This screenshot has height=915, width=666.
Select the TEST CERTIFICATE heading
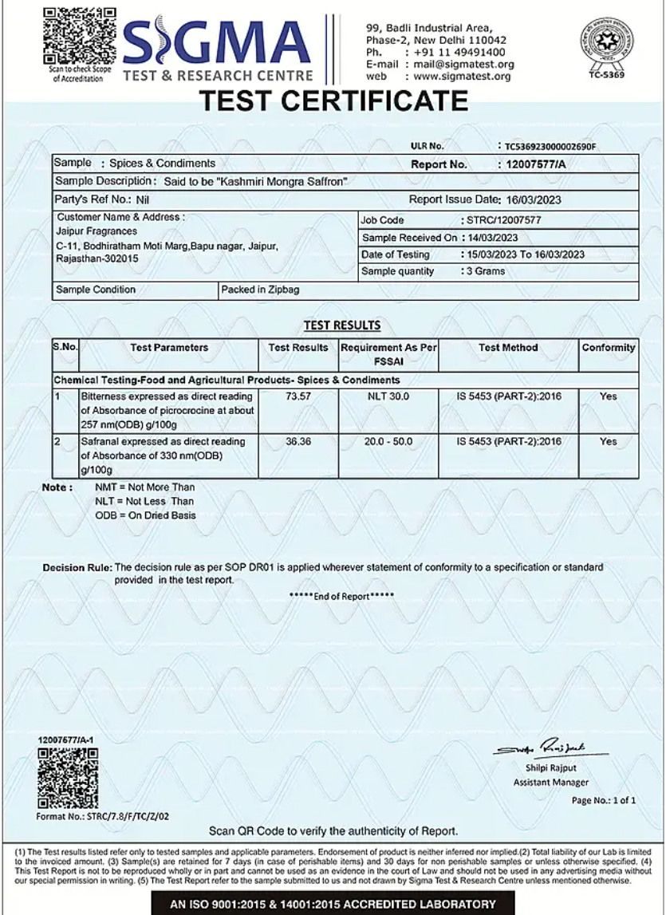coord(333,101)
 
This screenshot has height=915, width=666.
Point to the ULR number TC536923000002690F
coord(550,146)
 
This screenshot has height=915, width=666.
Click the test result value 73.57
coord(298,396)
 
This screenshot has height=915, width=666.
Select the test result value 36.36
coord(298,441)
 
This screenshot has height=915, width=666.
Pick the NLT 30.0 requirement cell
coord(388,396)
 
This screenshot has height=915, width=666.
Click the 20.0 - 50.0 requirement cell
coord(388,441)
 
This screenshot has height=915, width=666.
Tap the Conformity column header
coord(608,348)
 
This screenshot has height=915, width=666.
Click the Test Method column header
coord(508,348)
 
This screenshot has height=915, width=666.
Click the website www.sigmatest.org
coord(462,77)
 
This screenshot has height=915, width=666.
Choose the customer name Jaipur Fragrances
coord(97,231)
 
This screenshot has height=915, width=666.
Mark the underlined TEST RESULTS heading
coord(342,325)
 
